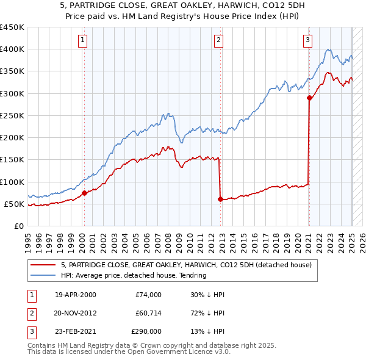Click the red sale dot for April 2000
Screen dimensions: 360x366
coord(84,193)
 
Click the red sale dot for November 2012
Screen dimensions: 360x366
coord(220,199)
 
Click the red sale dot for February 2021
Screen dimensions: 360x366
coord(309,98)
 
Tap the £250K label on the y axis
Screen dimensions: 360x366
coord(12,115)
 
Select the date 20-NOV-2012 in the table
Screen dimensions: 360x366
coord(76,313)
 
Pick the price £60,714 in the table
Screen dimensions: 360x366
coord(148,313)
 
